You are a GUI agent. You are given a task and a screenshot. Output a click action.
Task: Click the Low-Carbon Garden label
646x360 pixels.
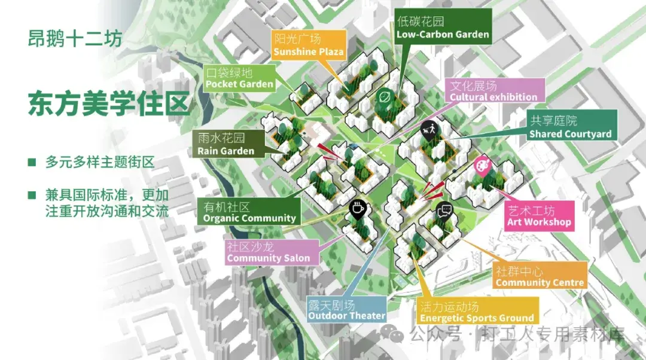tap(443, 28)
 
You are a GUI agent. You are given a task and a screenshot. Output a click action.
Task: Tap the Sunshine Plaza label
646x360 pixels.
tap(309, 45)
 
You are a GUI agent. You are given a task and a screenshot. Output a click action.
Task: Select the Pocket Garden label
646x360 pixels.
tap(239, 78)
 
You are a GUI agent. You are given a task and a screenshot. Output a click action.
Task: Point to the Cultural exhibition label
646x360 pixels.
tap(493, 90)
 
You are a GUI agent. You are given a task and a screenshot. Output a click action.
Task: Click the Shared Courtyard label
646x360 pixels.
tap(570, 127)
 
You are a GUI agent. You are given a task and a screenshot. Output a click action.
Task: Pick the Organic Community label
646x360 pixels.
tap(249, 212)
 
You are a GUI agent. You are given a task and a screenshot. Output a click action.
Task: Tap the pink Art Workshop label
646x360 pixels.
tap(539, 216)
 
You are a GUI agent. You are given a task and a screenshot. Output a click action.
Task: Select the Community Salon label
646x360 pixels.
tap(268, 252)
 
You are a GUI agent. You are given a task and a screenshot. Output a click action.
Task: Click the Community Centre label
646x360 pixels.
tap(540, 276)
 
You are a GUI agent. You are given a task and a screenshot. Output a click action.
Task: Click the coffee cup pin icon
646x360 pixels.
tap(357, 209)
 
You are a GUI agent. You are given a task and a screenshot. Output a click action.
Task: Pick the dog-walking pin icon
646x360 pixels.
tap(428, 128)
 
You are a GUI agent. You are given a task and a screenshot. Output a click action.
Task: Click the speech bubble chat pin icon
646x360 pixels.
tap(444, 210)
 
